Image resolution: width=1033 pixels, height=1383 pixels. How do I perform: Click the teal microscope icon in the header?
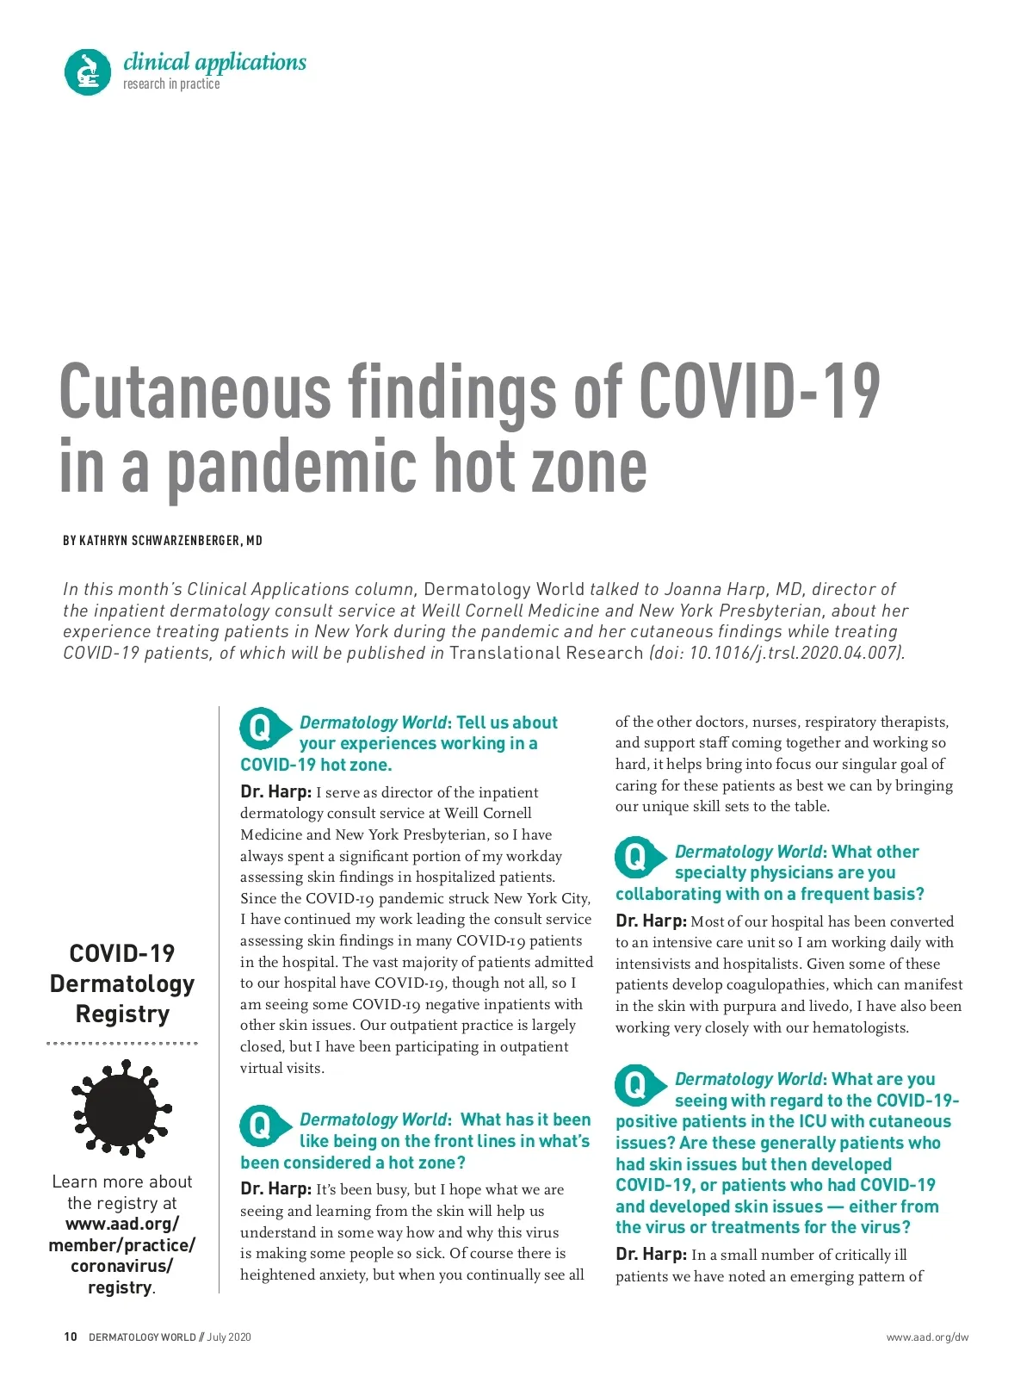coord(88,71)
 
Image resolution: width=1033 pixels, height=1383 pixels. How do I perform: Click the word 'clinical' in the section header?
coord(156,62)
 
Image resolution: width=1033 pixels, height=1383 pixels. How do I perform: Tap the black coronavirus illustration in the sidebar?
coord(121,1108)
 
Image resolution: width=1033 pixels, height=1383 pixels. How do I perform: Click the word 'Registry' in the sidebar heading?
coord(122,1014)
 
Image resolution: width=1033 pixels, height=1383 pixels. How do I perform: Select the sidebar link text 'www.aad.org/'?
coord(122,1224)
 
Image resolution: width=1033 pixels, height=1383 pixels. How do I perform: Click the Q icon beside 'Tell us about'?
coord(259,729)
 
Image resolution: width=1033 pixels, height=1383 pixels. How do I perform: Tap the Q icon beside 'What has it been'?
coord(259,1126)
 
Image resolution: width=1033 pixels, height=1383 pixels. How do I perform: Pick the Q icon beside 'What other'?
coord(634,858)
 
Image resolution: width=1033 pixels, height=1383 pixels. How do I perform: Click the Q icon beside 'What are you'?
coord(634,1085)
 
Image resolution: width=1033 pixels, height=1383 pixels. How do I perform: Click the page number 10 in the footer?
coord(71,1336)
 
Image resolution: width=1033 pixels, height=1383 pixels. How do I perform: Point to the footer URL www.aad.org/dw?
coord(927,1337)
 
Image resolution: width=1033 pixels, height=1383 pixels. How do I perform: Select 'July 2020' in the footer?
coord(229,1337)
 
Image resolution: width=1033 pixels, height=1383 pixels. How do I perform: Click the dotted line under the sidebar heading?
coord(122,1044)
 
